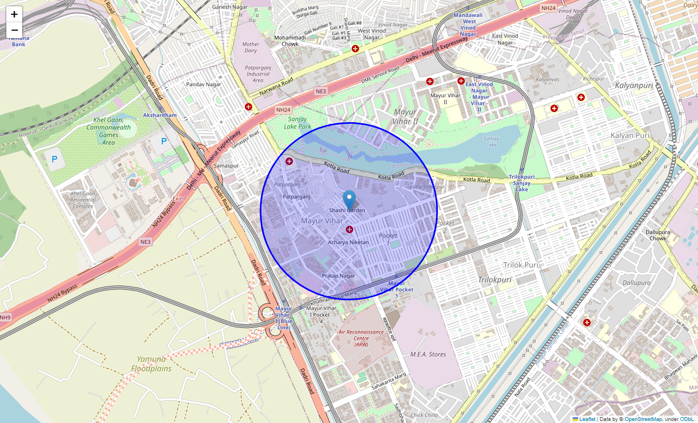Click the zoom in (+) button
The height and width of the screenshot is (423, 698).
(x=14, y=14)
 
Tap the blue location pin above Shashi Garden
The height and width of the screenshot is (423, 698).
(x=349, y=200)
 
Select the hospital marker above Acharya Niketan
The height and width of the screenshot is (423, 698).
(x=349, y=229)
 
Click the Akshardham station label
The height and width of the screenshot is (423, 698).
(x=160, y=115)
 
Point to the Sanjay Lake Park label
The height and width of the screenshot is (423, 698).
(x=297, y=123)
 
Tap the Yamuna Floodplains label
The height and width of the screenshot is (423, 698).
(x=152, y=364)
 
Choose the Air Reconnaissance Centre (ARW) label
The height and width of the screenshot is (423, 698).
(x=361, y=338)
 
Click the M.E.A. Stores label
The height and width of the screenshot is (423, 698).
(x=428, y=354)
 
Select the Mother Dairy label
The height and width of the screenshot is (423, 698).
(x=251, y=48)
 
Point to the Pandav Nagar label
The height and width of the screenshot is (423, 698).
(x=204, y=84)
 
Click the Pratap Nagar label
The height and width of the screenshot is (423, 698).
(x=338, y=276)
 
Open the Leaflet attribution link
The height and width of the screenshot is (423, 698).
(x=587, y=419)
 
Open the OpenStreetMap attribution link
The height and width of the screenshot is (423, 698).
(x=644, y=419)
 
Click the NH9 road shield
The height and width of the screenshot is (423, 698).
(x=5, y=317)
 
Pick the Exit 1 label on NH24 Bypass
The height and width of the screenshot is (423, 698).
(x=180, y=199)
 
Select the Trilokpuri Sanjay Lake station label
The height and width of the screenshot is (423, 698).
(x=522, y=183)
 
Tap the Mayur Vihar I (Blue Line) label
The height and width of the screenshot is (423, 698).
(x=284, y=318)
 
